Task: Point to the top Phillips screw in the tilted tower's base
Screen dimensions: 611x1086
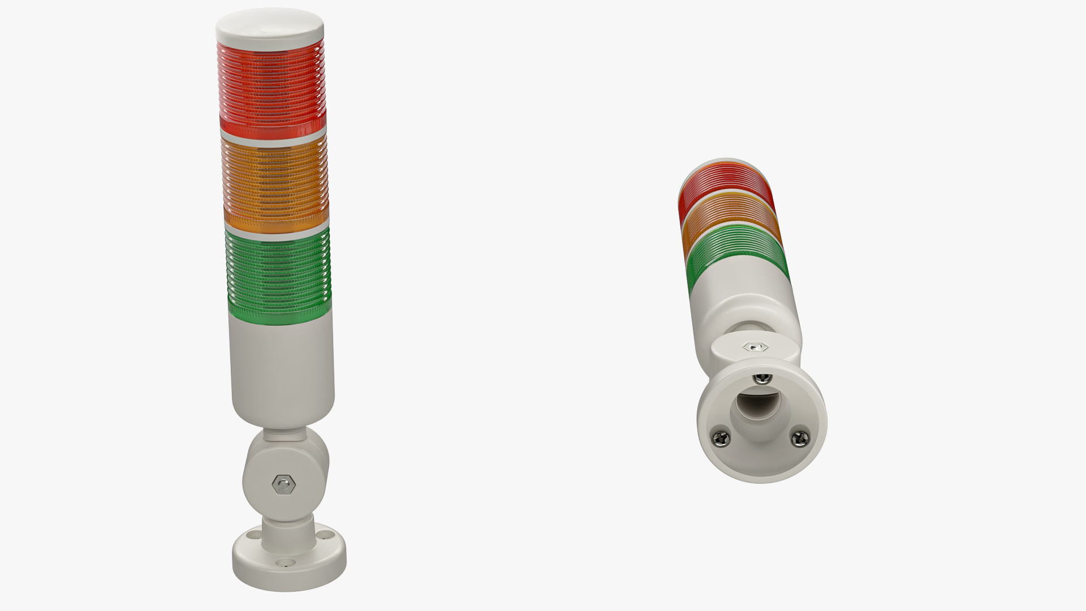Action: pos(761,379)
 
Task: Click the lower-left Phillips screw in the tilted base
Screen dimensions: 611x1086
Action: pos(721,437)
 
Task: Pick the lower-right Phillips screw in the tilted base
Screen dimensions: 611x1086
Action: pos(799,437)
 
